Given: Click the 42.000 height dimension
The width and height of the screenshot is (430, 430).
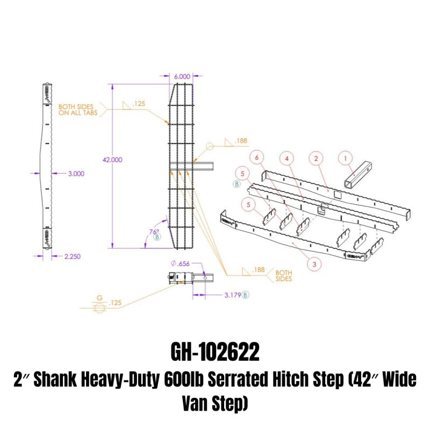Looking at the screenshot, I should point(113,160).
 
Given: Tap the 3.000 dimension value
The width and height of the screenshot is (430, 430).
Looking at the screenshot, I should point(75,174).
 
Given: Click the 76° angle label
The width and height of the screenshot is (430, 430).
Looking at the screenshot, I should point(154,232).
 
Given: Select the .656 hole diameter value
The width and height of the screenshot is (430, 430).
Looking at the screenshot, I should point(184,264).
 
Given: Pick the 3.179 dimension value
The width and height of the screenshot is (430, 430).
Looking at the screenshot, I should point(231,295).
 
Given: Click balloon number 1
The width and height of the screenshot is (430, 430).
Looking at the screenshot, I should point(346,158).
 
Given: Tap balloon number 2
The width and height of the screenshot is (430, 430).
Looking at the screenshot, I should point(316,158).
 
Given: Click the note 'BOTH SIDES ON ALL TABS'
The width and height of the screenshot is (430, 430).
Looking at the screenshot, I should point(75,110).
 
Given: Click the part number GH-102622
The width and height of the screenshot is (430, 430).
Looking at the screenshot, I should point(214,353).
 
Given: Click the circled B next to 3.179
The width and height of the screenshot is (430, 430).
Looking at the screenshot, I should point(246,295).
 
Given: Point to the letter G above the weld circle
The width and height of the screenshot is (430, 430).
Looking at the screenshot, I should point(99,297).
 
